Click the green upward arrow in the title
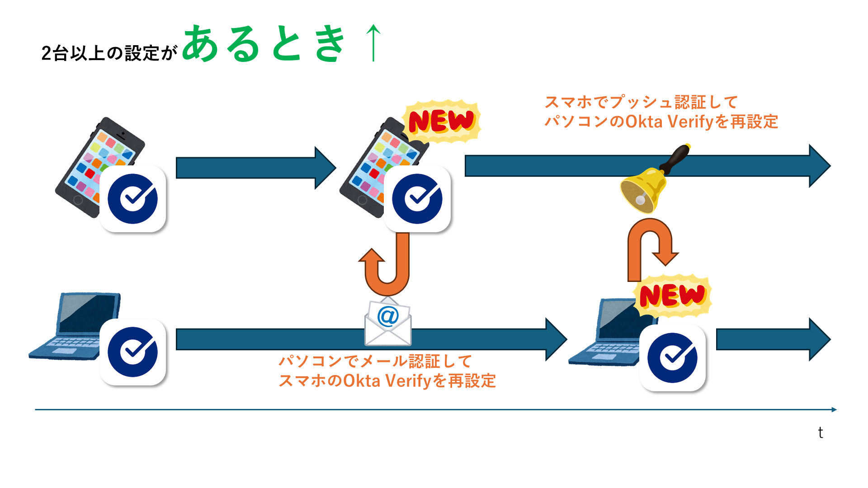point(373,43)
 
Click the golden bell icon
point(643,190)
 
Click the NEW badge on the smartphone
point(441,121)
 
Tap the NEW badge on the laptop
point(672,296)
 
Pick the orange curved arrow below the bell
point(651,246)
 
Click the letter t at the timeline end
point(820,433)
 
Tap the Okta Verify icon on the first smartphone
point(132,199)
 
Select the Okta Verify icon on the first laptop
point(132,352)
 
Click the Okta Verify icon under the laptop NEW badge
point(672,358)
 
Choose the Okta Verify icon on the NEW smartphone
point(417,199)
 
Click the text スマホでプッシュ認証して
point(641,102)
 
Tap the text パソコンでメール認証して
point(375,361)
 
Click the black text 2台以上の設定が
point(109,53)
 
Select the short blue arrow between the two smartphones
point(255,168)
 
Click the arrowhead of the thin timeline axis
point(834,409)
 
